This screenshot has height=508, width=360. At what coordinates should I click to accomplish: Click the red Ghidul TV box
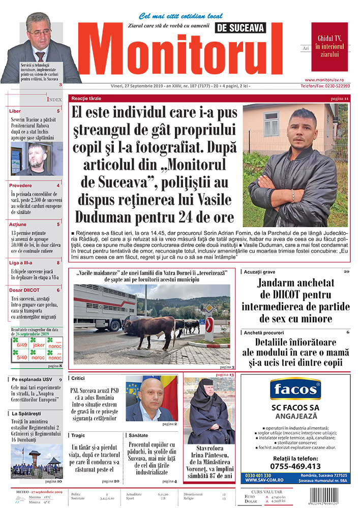click(x=329, y=46)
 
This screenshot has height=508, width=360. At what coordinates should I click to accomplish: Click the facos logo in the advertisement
click(x=295, y=390)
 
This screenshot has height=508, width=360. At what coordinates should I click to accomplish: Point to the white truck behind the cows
click(x=104, y=305)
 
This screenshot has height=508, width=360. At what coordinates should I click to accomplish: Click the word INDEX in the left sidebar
click(x=54, y=99)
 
